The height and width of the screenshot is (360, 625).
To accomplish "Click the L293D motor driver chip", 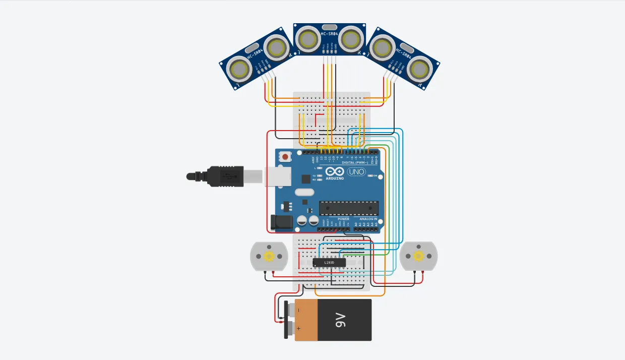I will click(329, 262).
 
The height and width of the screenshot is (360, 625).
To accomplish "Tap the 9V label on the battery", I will click(340, 320).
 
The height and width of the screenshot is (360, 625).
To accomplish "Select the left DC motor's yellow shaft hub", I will click(269, 256).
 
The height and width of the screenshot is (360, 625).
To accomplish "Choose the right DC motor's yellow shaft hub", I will click(418, 256).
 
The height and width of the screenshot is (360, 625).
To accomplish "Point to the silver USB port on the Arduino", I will click(279, 175).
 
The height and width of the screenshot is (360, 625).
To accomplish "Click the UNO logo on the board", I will click(356, 172).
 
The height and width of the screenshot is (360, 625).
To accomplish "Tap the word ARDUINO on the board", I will click(335, 178).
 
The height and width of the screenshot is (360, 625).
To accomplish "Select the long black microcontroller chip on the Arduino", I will click(348, 207).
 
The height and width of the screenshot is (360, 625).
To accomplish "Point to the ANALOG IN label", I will click(368, 219).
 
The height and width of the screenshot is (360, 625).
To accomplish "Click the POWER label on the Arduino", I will click(343, 219).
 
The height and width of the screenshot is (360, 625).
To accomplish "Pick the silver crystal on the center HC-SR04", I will click(329, 27).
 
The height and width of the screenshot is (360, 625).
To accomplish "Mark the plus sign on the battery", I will click(298, 328).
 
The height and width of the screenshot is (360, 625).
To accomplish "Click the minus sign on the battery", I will click(298, 310).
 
